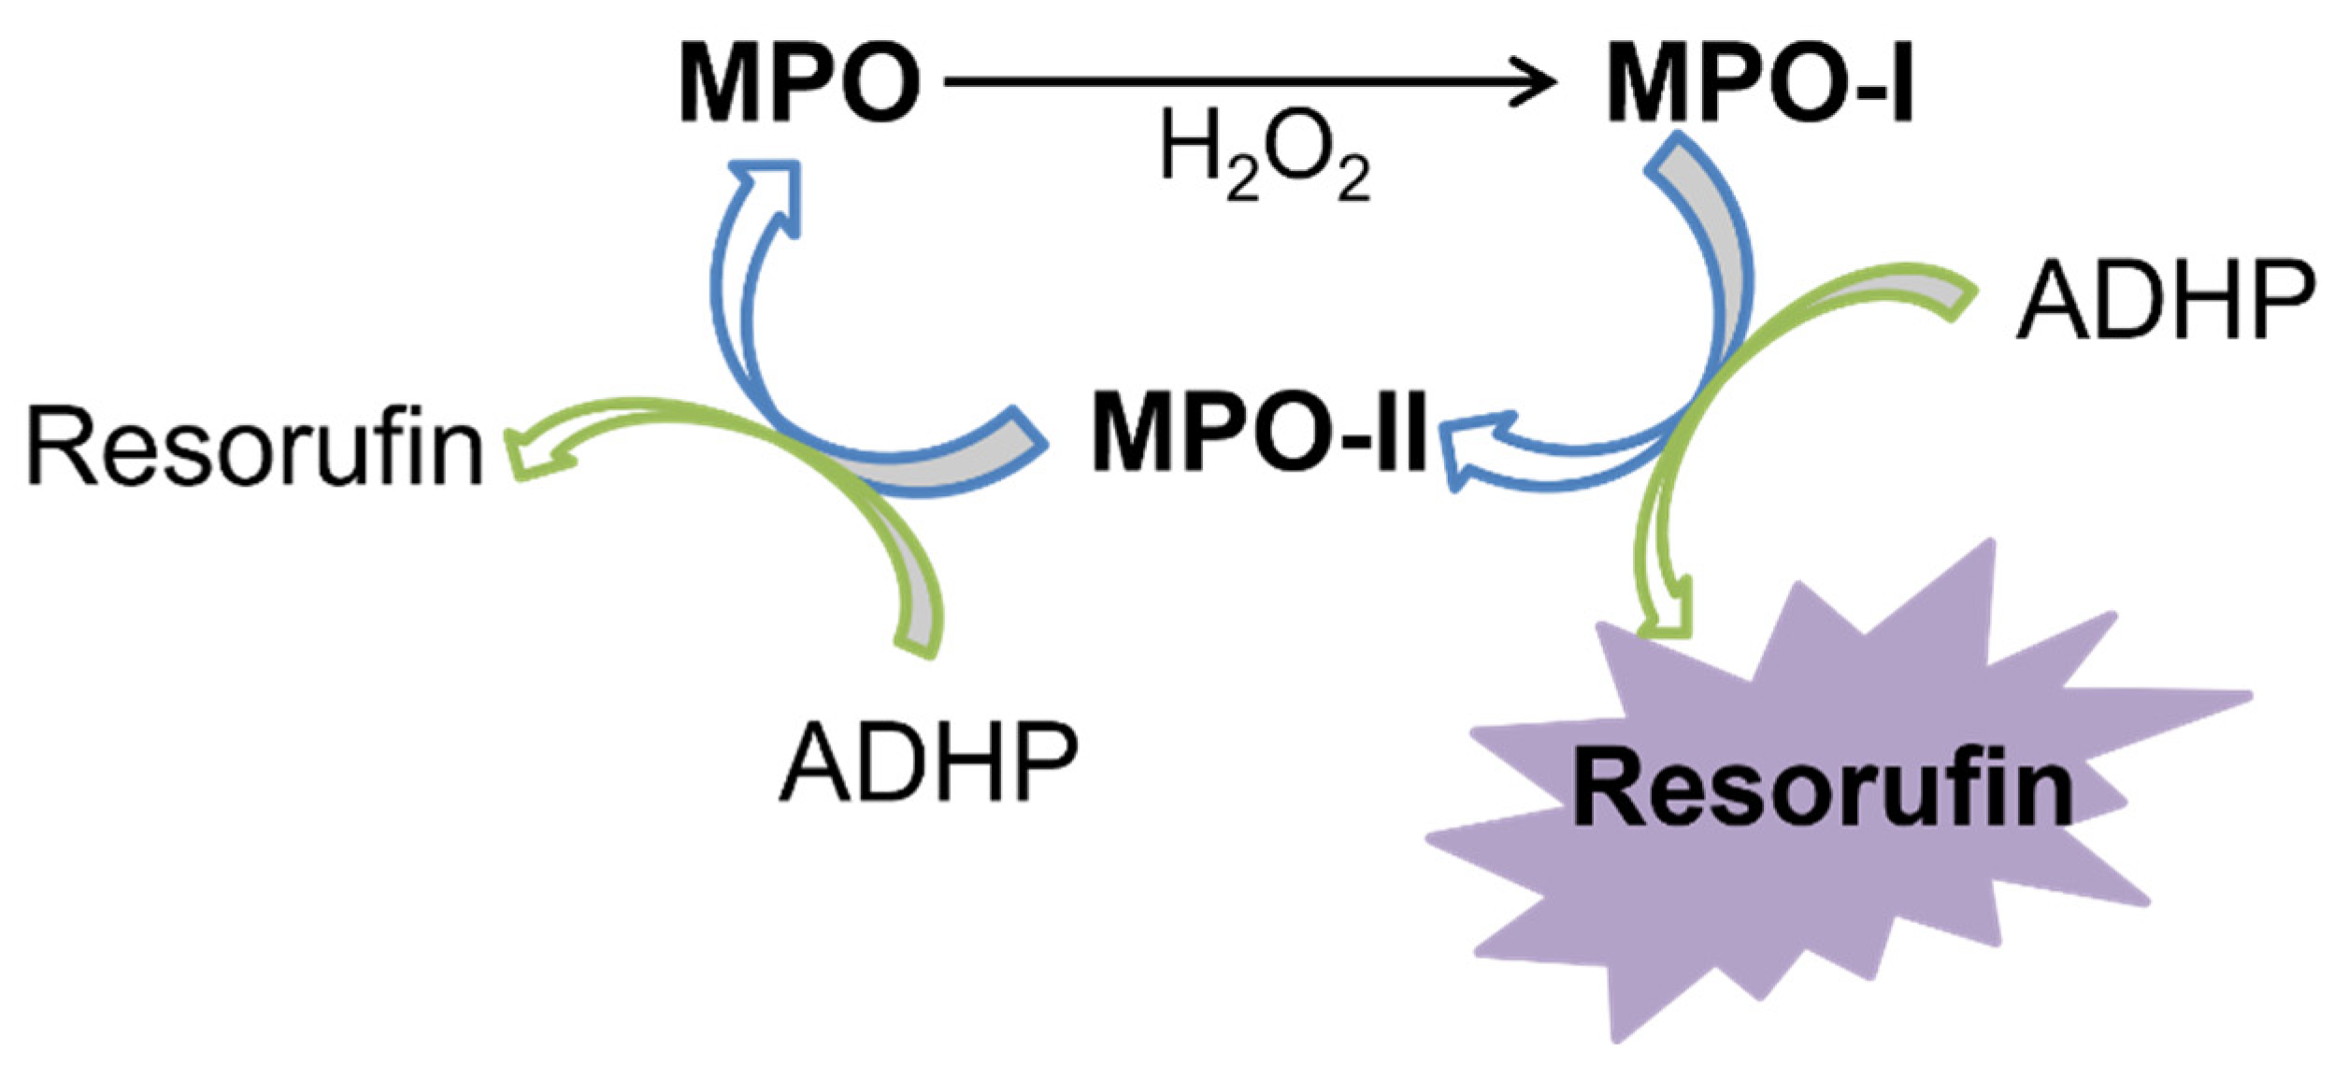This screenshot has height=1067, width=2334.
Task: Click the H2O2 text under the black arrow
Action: [1265, 154]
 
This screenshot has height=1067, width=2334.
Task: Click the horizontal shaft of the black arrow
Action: [1215, 82]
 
